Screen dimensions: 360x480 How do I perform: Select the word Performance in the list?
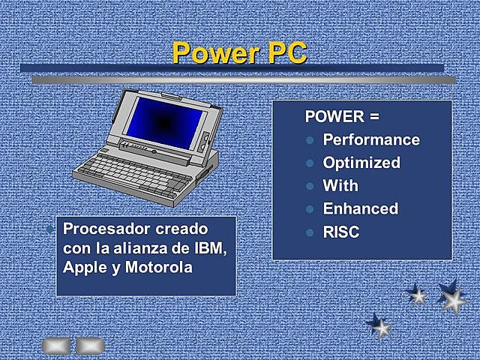pos(370,139)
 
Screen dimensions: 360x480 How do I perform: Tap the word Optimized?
pos(361,163)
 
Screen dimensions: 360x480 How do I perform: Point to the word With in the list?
pos(340,186)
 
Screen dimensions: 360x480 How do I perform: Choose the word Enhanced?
pos(360,209)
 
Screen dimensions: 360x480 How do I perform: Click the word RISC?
pos(341,232)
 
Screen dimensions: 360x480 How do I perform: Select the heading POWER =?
pos(342,117)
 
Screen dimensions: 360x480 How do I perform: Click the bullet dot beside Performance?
pos(309,140)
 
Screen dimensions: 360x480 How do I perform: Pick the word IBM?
pos(210,247)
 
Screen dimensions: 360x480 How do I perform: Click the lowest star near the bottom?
pos(380,325)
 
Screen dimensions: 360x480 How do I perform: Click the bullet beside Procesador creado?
pos(49,228)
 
